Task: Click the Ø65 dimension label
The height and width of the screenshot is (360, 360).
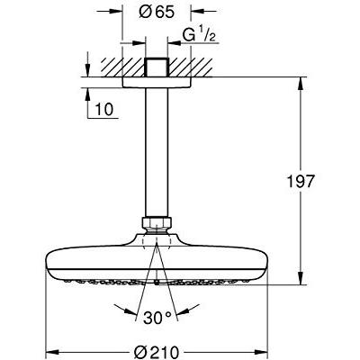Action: (x=157, y=13)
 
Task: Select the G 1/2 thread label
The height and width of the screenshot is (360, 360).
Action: (x=199, y=37)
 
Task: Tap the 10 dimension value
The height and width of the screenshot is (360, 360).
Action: (x=104, y=109)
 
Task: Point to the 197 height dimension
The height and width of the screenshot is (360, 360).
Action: (x=301, y=181)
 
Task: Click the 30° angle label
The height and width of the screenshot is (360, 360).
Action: (x=157, y=319)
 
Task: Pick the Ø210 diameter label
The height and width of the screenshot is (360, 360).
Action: (x=157, y=352)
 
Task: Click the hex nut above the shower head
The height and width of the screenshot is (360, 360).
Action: (x=157, y=223)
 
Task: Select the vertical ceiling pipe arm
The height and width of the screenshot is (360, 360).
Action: (x=157, y=152)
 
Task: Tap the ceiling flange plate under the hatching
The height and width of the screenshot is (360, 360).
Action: (x=157, y=82)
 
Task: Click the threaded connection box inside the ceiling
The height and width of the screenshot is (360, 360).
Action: (x=157, y=67)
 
